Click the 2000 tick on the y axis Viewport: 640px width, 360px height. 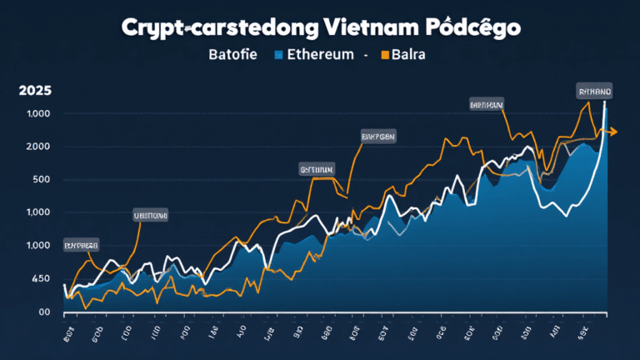pos(37,147)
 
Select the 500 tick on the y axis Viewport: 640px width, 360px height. pos(40,180)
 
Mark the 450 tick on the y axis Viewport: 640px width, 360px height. pos(40,279)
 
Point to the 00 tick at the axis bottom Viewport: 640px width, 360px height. pos(44,312)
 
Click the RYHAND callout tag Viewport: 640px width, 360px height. pos(593,91)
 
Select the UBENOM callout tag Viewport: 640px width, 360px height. pos(151,215)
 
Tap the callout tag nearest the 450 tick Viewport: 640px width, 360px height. pos(81,246)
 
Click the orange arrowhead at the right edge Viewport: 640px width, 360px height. pos(612,132)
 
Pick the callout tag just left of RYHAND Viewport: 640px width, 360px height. pos(486,106)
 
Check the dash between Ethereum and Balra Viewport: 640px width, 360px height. pos(366,57)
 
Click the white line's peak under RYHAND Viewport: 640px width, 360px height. pos(604,103)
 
